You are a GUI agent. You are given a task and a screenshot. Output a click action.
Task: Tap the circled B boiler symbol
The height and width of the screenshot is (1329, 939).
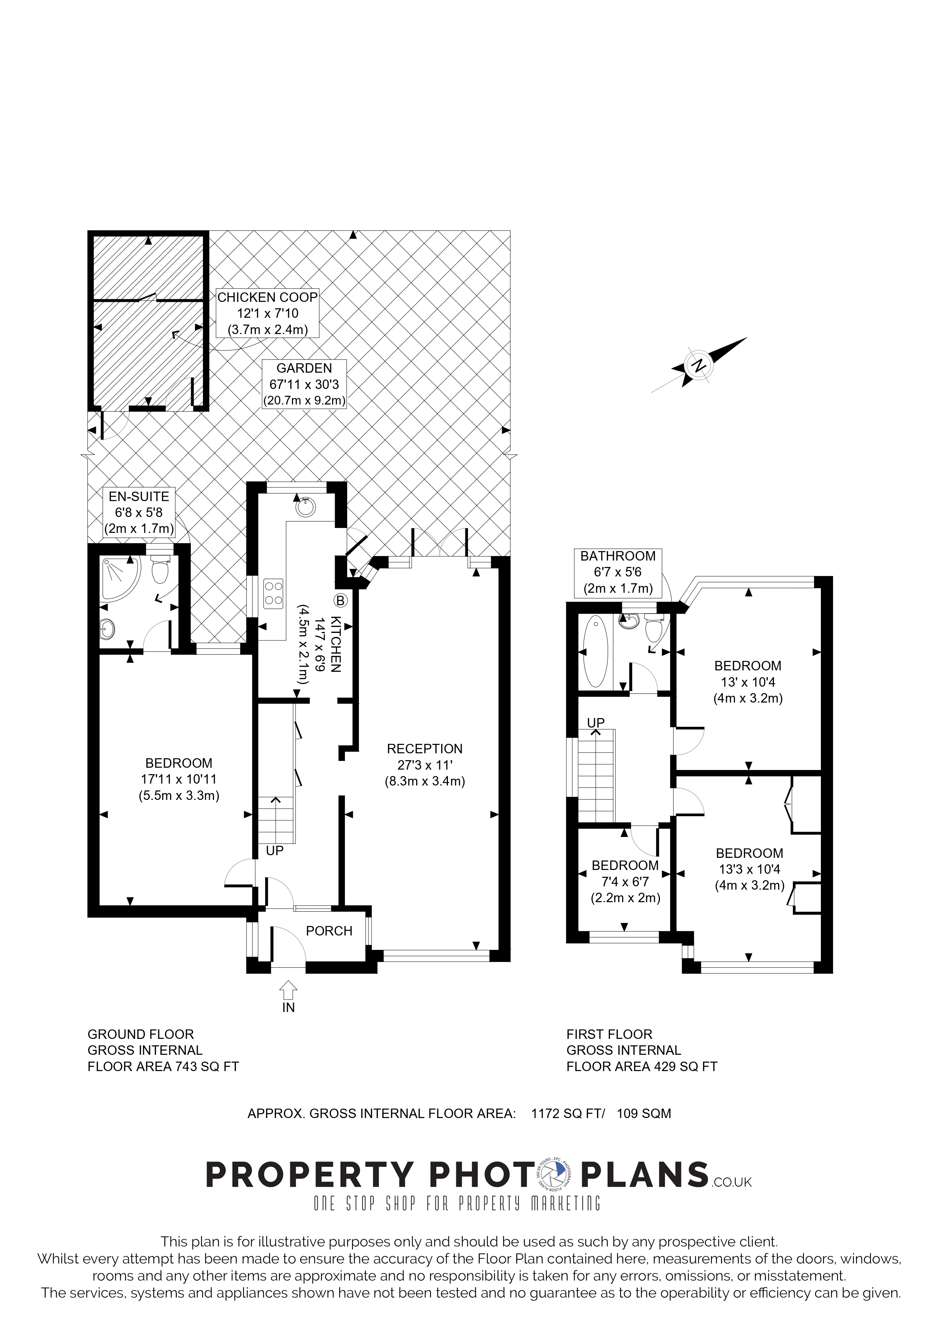pyautogui.click(x=340, y=601)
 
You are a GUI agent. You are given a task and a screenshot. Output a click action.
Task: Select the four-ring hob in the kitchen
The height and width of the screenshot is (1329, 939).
pyautogui.click(x=273, y=593)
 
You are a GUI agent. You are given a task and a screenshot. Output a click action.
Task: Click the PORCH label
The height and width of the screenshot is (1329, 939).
pyautogui.click(x=329, y=931)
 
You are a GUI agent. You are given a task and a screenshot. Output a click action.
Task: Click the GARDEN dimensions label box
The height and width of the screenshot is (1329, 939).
pyautogui.click(x=304, y=384)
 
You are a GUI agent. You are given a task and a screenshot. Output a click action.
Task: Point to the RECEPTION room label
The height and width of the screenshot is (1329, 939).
pyautogui.click(x=425, y=748)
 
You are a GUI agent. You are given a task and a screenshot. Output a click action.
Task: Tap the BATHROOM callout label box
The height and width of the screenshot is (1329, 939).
pyautogui.click(x=618, y=572)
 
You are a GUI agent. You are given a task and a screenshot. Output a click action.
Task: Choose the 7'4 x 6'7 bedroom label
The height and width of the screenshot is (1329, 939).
pyautogui.click(x=625, y=882)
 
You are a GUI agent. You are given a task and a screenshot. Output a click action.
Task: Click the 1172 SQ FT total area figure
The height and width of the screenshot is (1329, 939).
pyautogui.click(x=568, y=1113)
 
